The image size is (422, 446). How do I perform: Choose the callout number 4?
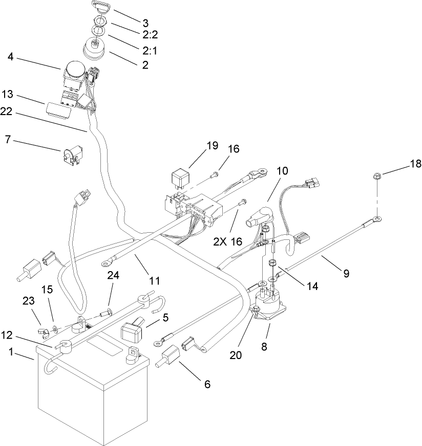[10, 58]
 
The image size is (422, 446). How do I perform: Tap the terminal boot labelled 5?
[132, 330]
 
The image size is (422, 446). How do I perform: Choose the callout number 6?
[207, 384]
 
